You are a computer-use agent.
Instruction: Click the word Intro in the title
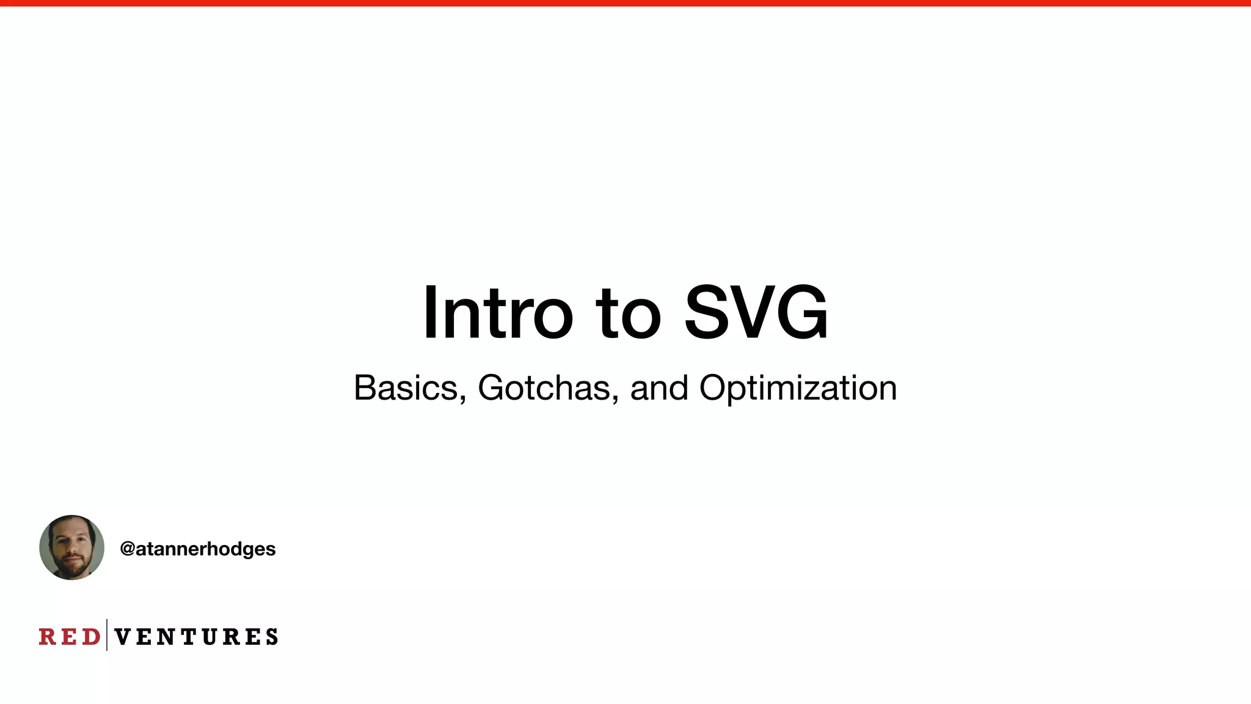click(x=498, y=313)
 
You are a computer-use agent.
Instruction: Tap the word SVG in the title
click(x=756, y=313)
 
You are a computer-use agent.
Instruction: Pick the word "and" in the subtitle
click(x=659, y=388)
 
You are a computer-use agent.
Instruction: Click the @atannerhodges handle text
click(x=198, y=549)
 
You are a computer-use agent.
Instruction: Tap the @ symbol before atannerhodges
click(x=127, y=549)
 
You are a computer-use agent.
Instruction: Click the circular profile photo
click(x=71, y=548)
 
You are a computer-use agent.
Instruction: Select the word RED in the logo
click(x=69, y=637)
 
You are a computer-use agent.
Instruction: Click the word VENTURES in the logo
click(x=196, y=637)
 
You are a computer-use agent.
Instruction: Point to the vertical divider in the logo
click(x=107, y=635)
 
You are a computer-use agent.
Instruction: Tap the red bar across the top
click(x=625, y=3)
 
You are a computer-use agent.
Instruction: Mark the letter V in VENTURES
click(x=122, y=637)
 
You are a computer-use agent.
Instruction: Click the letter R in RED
click(x=47, y=637)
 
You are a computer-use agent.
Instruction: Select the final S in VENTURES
click(x=272, y=637)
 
